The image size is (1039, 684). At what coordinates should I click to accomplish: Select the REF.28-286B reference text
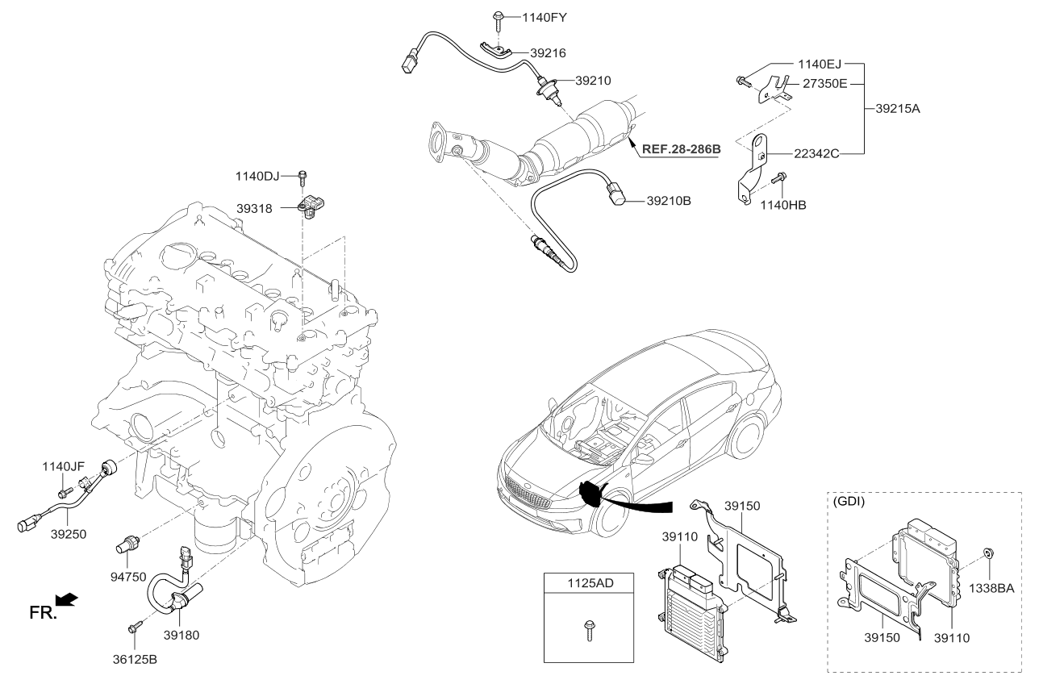tap(681, 149)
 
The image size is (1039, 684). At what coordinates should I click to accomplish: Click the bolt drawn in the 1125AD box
tap(588, 630)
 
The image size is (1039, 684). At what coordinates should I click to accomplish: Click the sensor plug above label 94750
tap(128, 541)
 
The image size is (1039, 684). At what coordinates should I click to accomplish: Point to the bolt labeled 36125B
tap(134, 626)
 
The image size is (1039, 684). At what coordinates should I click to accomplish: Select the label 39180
tap(182, 635)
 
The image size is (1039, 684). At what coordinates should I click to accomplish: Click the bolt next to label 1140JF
tap(62, 489)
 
